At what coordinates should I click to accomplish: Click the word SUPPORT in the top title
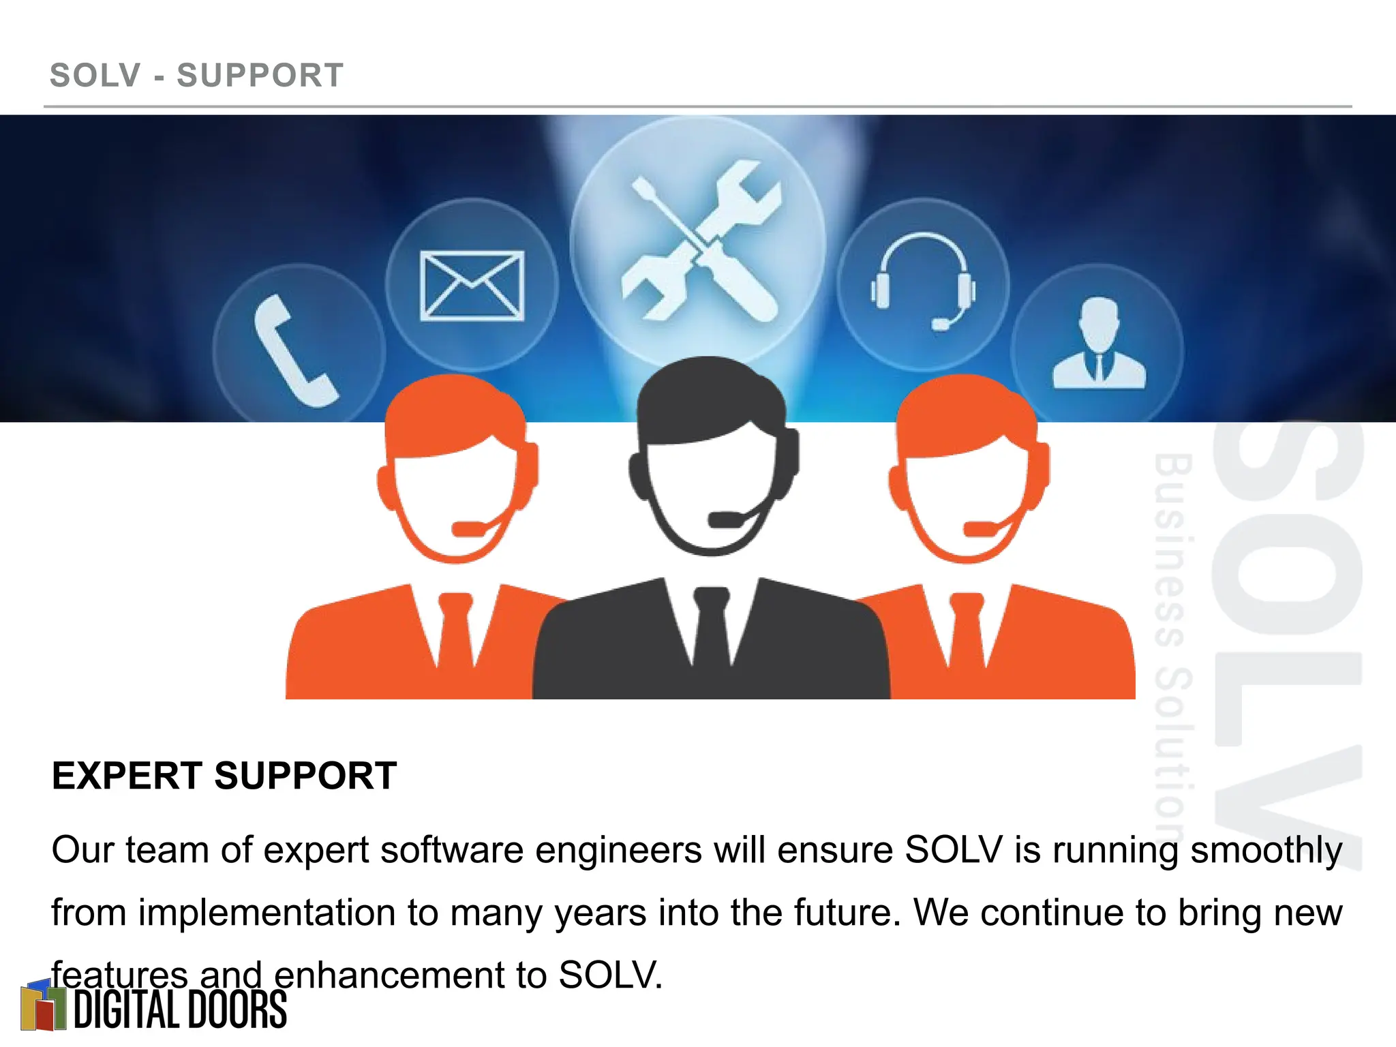click(260, 76)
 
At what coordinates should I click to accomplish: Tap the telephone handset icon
click(294, 352)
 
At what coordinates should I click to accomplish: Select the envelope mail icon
click(472, 286)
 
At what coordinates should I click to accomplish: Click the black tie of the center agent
click(711, 627)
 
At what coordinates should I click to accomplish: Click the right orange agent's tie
click(967, 631)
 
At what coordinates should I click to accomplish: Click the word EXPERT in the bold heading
click(126, 776)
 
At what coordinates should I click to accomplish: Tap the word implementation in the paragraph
click(268, 913)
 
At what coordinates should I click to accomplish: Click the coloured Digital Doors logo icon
click(42, 1006)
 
